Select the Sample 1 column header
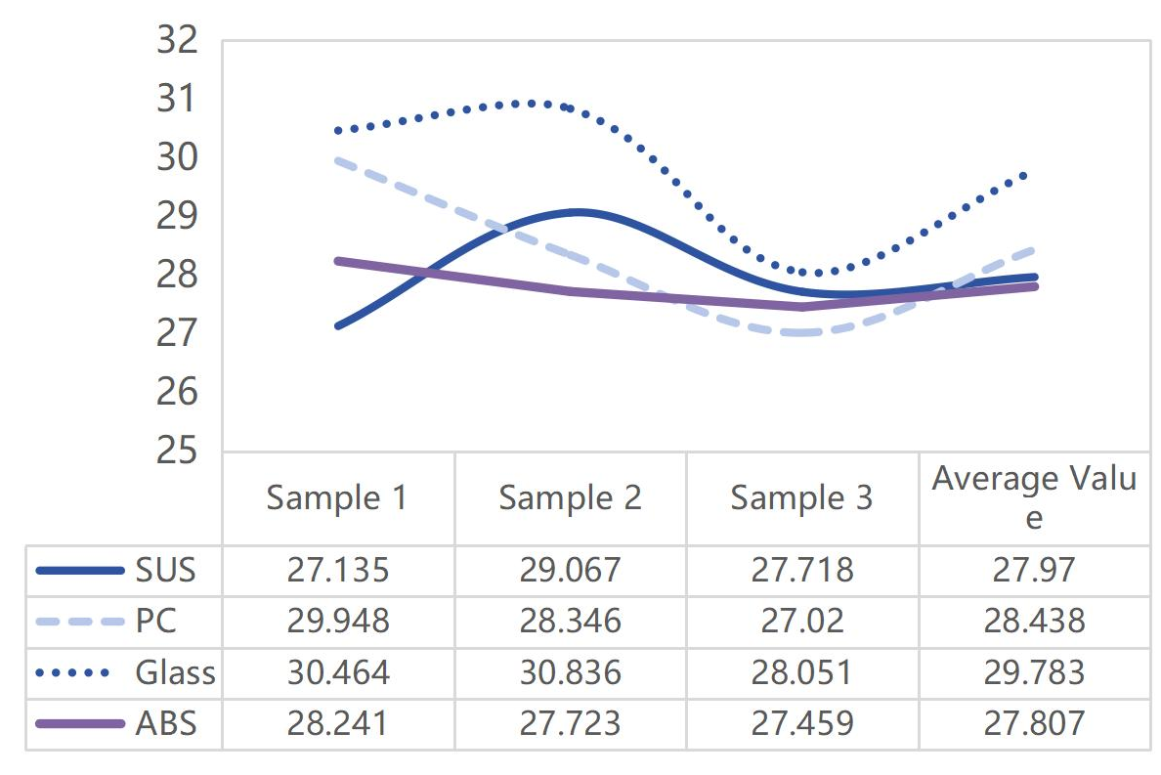(337, 498)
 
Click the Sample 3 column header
(801, 498)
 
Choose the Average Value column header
(1034, 497)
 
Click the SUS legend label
(166, 571)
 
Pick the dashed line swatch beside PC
(79, 622)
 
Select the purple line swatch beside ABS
(79, 723)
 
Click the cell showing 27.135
(337, 571)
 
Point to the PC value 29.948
(337, 622)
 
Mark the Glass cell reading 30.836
(570, 672)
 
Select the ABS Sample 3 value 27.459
(801, 723)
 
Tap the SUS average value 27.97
(1034, 571)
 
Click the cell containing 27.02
(801, 622)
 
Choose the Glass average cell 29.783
(1034, 672)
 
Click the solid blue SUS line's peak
(579, 212)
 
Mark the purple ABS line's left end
(338, 261)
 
